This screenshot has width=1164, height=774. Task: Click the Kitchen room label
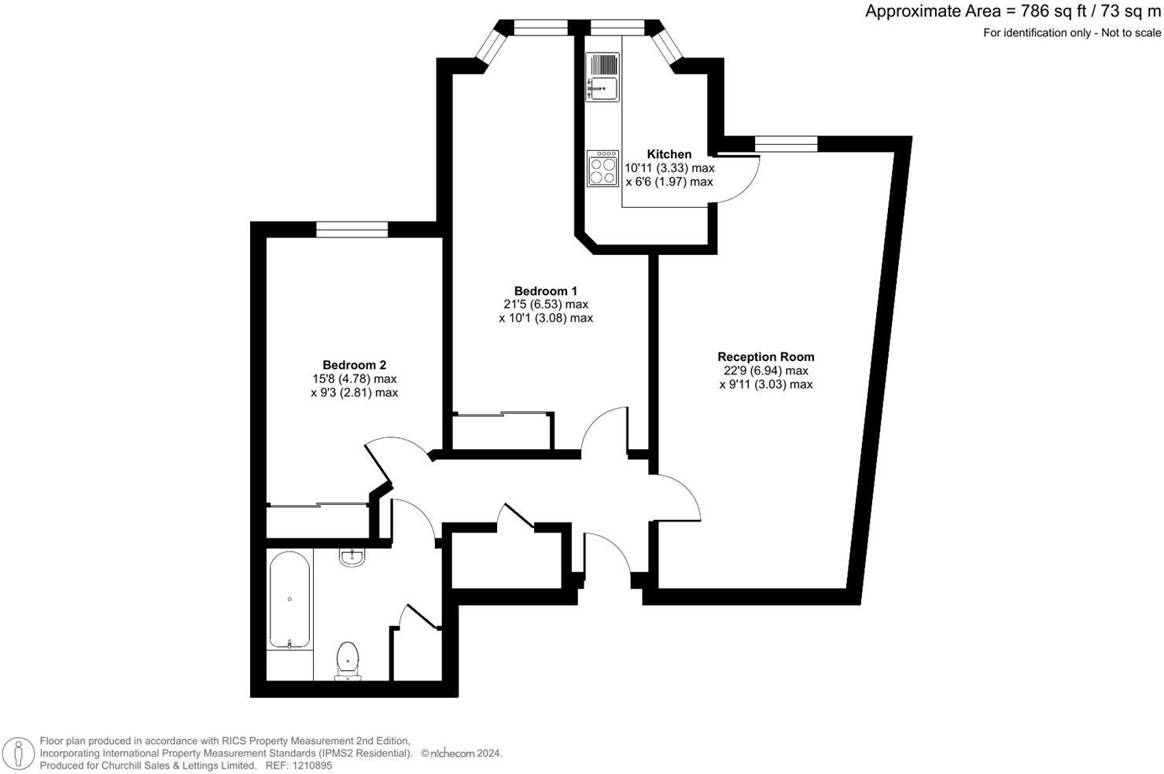point(669,154)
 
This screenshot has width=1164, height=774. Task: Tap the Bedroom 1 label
point(546,291)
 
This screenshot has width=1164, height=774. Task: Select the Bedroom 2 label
point(354,365)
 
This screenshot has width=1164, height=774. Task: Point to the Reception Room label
point(766,357)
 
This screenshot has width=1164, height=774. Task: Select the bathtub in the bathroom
point(289,599)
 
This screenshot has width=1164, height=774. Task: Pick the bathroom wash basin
point(352,558)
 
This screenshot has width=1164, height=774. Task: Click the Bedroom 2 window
point(352,229)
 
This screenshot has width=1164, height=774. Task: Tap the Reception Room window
point(786,143)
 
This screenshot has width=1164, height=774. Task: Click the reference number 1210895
point(311,765)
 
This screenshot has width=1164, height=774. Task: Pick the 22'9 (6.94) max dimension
point(766,370)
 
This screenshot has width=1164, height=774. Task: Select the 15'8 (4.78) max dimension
point(354,379)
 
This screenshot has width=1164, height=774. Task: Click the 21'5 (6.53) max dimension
point(546,304)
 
